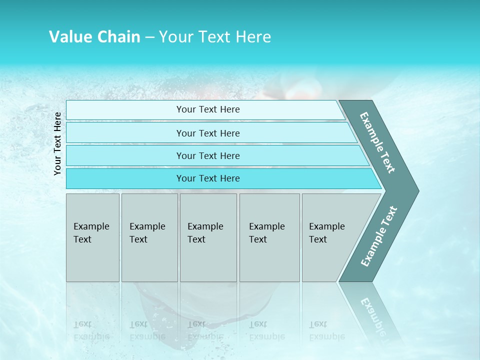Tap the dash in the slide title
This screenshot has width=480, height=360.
150,37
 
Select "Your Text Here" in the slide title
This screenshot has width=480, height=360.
215,37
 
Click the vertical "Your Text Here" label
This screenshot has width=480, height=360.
58,143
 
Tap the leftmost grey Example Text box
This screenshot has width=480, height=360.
92,237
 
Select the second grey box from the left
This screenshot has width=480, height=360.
149,237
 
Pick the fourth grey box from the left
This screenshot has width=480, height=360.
269,237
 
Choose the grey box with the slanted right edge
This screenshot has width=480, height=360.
330,237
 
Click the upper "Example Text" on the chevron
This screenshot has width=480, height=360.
377,142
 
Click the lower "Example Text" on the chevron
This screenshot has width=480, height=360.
379,236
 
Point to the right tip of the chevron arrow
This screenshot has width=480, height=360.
417,191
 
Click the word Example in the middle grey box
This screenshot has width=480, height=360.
205,226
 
